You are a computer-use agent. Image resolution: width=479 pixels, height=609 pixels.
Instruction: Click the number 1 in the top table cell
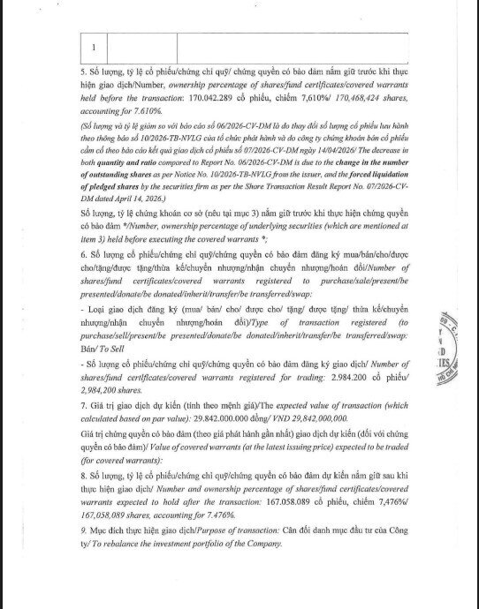tap(94, 47)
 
